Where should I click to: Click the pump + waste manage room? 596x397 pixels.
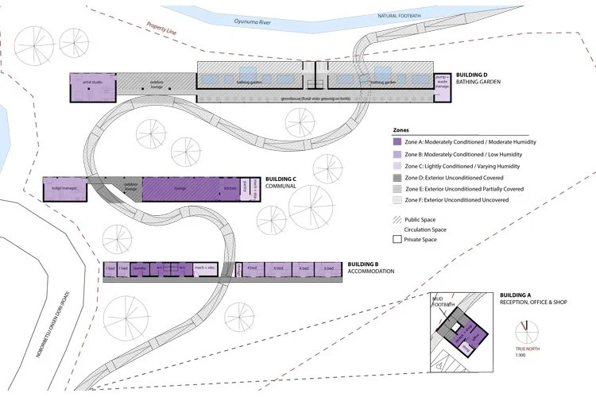[x=443, y=81]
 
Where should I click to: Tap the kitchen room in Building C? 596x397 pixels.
[x=229, y=188]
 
